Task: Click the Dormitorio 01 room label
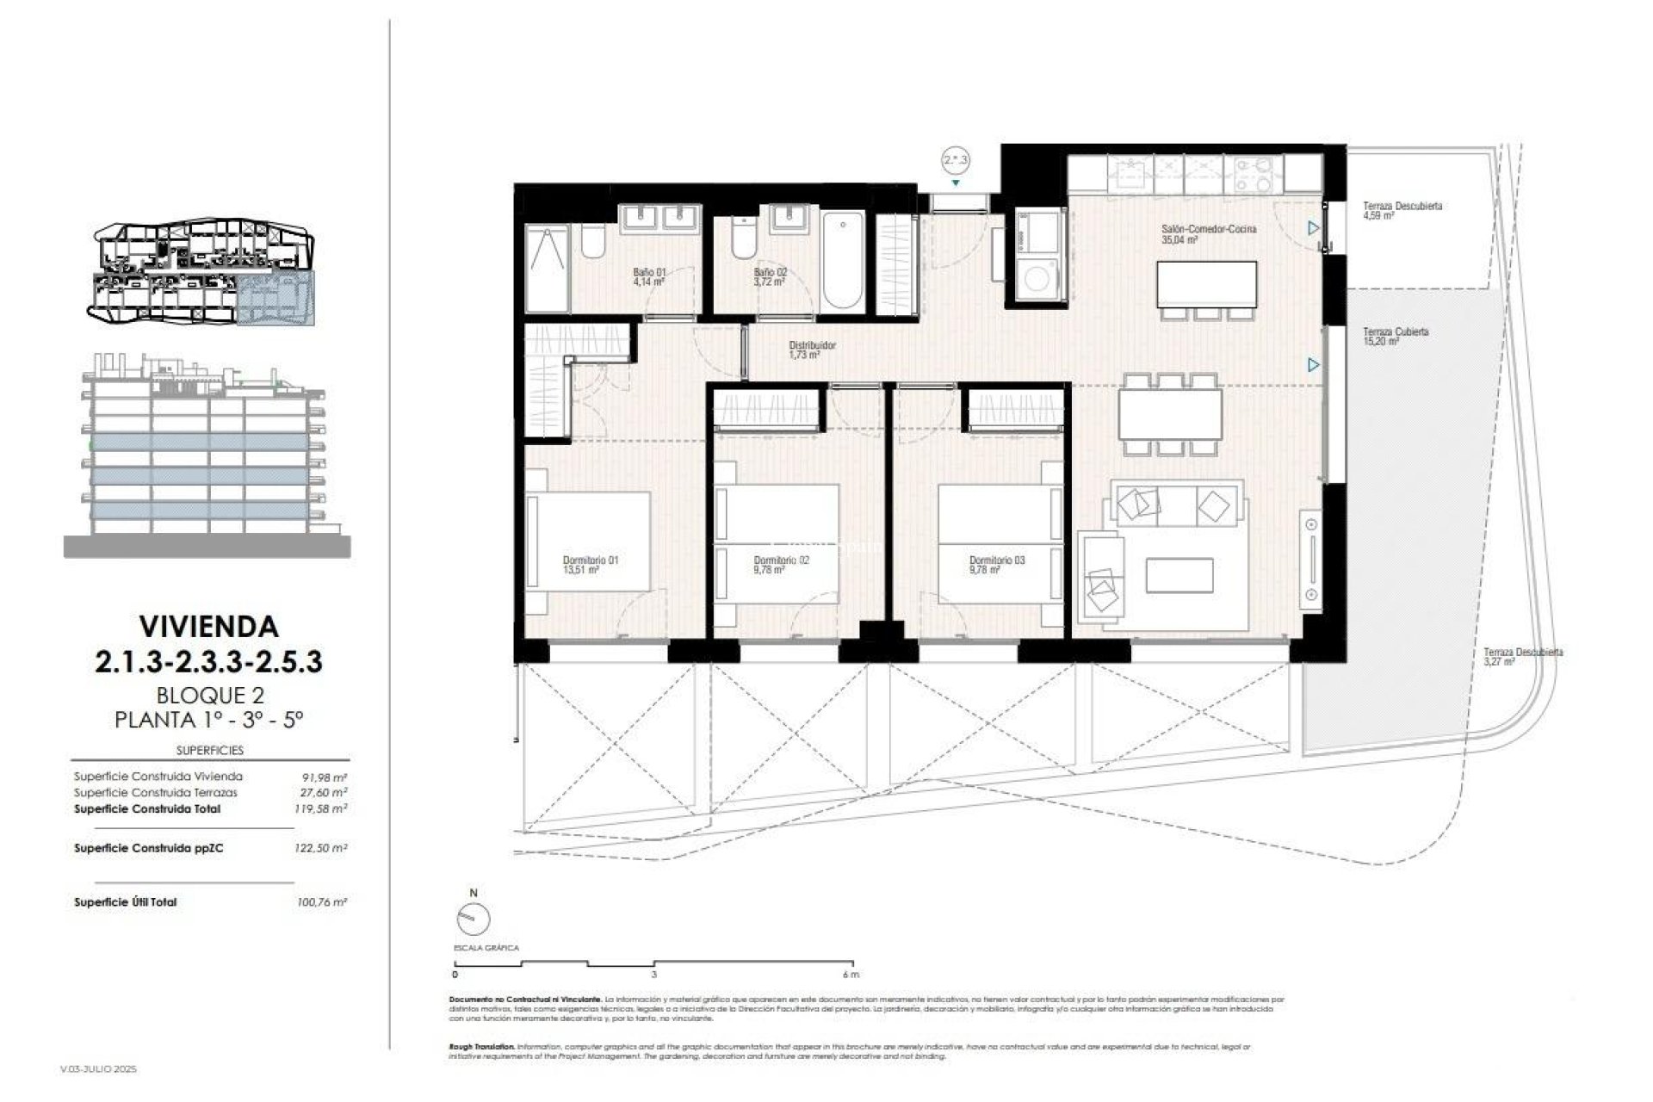coord(590,564)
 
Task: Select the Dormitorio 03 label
coord(996,564)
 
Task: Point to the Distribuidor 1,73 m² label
coord(812,350)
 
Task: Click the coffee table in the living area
coord(1179,574)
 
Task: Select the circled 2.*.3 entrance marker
coord(955,160)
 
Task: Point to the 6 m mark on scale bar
coord(851,974)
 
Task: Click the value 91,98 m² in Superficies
coord(320,776)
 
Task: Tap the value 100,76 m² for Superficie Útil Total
coord(320,902)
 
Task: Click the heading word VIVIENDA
coord(209,624)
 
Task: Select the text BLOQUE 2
coord(209,694)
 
